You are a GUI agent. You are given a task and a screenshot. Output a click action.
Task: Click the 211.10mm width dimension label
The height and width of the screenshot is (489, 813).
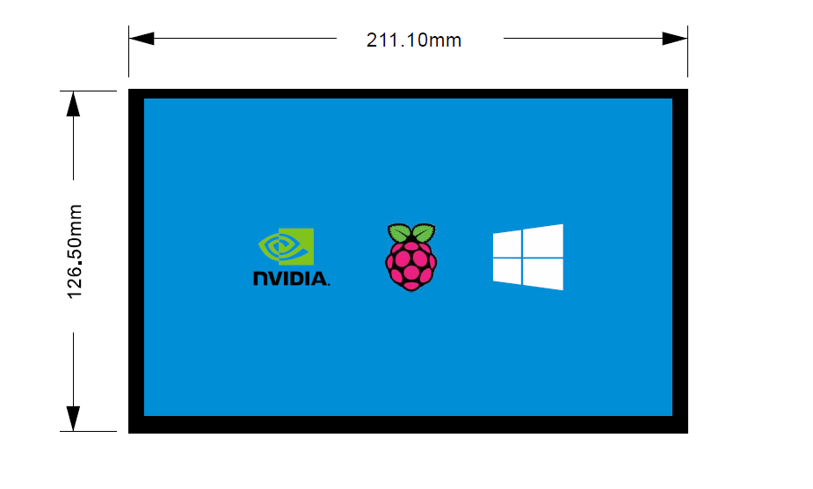pos(414,40)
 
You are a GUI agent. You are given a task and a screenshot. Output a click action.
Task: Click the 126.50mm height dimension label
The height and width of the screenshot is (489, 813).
pos(75,252)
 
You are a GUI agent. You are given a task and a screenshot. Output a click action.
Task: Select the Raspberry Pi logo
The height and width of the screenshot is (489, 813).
pos(411,257)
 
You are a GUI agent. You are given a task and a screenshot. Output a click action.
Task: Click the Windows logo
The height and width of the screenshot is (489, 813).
pos(527,257)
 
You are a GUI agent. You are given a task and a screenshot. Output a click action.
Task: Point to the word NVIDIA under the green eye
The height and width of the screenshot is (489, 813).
pos(291,279)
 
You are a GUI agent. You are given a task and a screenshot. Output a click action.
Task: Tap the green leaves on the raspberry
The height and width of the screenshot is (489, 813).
pos(411,233)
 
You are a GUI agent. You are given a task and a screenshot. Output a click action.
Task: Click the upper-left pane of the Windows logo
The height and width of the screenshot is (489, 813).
pos(507,244)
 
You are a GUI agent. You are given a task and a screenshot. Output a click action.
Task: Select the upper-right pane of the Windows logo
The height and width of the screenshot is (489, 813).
pos(543,241)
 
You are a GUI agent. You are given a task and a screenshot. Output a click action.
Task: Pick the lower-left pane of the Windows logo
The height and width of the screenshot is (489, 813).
pos(507,271)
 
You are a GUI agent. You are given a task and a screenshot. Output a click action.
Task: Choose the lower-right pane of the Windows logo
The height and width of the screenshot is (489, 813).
pos(543,274)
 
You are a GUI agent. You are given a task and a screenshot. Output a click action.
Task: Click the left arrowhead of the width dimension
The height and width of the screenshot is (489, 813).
pos(141,39)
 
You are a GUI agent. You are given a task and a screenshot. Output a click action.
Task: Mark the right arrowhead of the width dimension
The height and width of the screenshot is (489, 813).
pos(675,39)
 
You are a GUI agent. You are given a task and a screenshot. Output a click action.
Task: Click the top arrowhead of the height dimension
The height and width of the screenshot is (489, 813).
pos(73,104)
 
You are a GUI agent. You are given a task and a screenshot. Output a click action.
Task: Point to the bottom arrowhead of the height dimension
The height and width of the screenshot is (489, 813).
pos(73,419)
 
